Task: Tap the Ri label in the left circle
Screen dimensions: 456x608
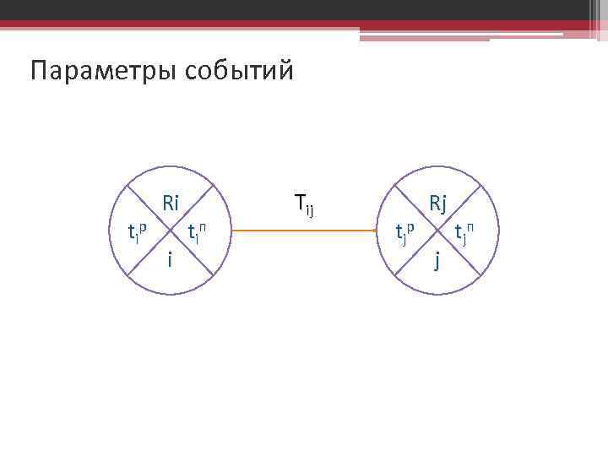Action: point(171,204)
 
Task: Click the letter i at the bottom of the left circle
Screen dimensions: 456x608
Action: point(170,260)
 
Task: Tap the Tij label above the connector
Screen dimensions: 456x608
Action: point(304,204)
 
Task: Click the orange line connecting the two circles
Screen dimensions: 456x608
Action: point(304,230)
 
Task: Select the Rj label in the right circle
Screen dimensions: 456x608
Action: point(437,204)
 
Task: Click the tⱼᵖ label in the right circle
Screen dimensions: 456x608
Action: point(405,231)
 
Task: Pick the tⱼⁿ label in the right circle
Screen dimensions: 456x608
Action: point(464,231)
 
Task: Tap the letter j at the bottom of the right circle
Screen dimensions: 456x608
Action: point(437,261)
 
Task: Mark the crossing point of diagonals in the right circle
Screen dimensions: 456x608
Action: point(437,230)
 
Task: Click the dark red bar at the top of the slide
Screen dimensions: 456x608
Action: point(304,24)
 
